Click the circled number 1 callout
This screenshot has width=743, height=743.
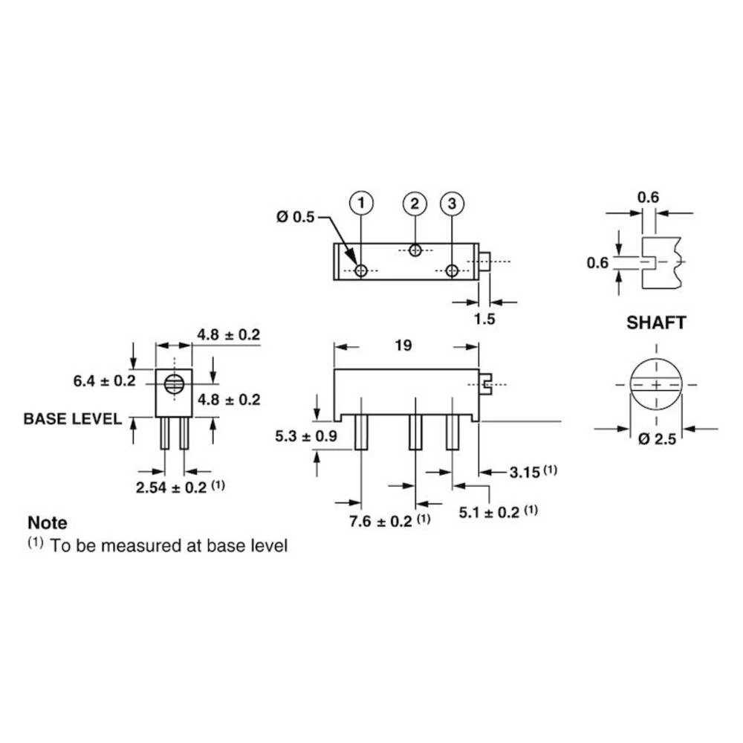[x=361, y=202]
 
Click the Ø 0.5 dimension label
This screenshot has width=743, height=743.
[x=295, y=217]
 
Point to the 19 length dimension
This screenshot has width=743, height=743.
[x=403, y=345]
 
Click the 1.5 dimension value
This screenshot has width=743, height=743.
[x=484, y=319]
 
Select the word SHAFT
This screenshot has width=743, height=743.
[x=656, y=322]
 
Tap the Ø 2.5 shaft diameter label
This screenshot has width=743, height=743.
[x=657, y=440]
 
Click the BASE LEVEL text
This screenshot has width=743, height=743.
[x=73, y=418]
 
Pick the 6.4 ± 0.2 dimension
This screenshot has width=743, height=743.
[x=104, y=381]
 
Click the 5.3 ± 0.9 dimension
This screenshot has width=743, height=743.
[x=306, y=437]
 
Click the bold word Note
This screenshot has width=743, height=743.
[x=47, y=523]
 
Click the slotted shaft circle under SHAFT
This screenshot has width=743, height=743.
[x=657, y=385]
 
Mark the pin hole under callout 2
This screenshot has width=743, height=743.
[x=415, y=250]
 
